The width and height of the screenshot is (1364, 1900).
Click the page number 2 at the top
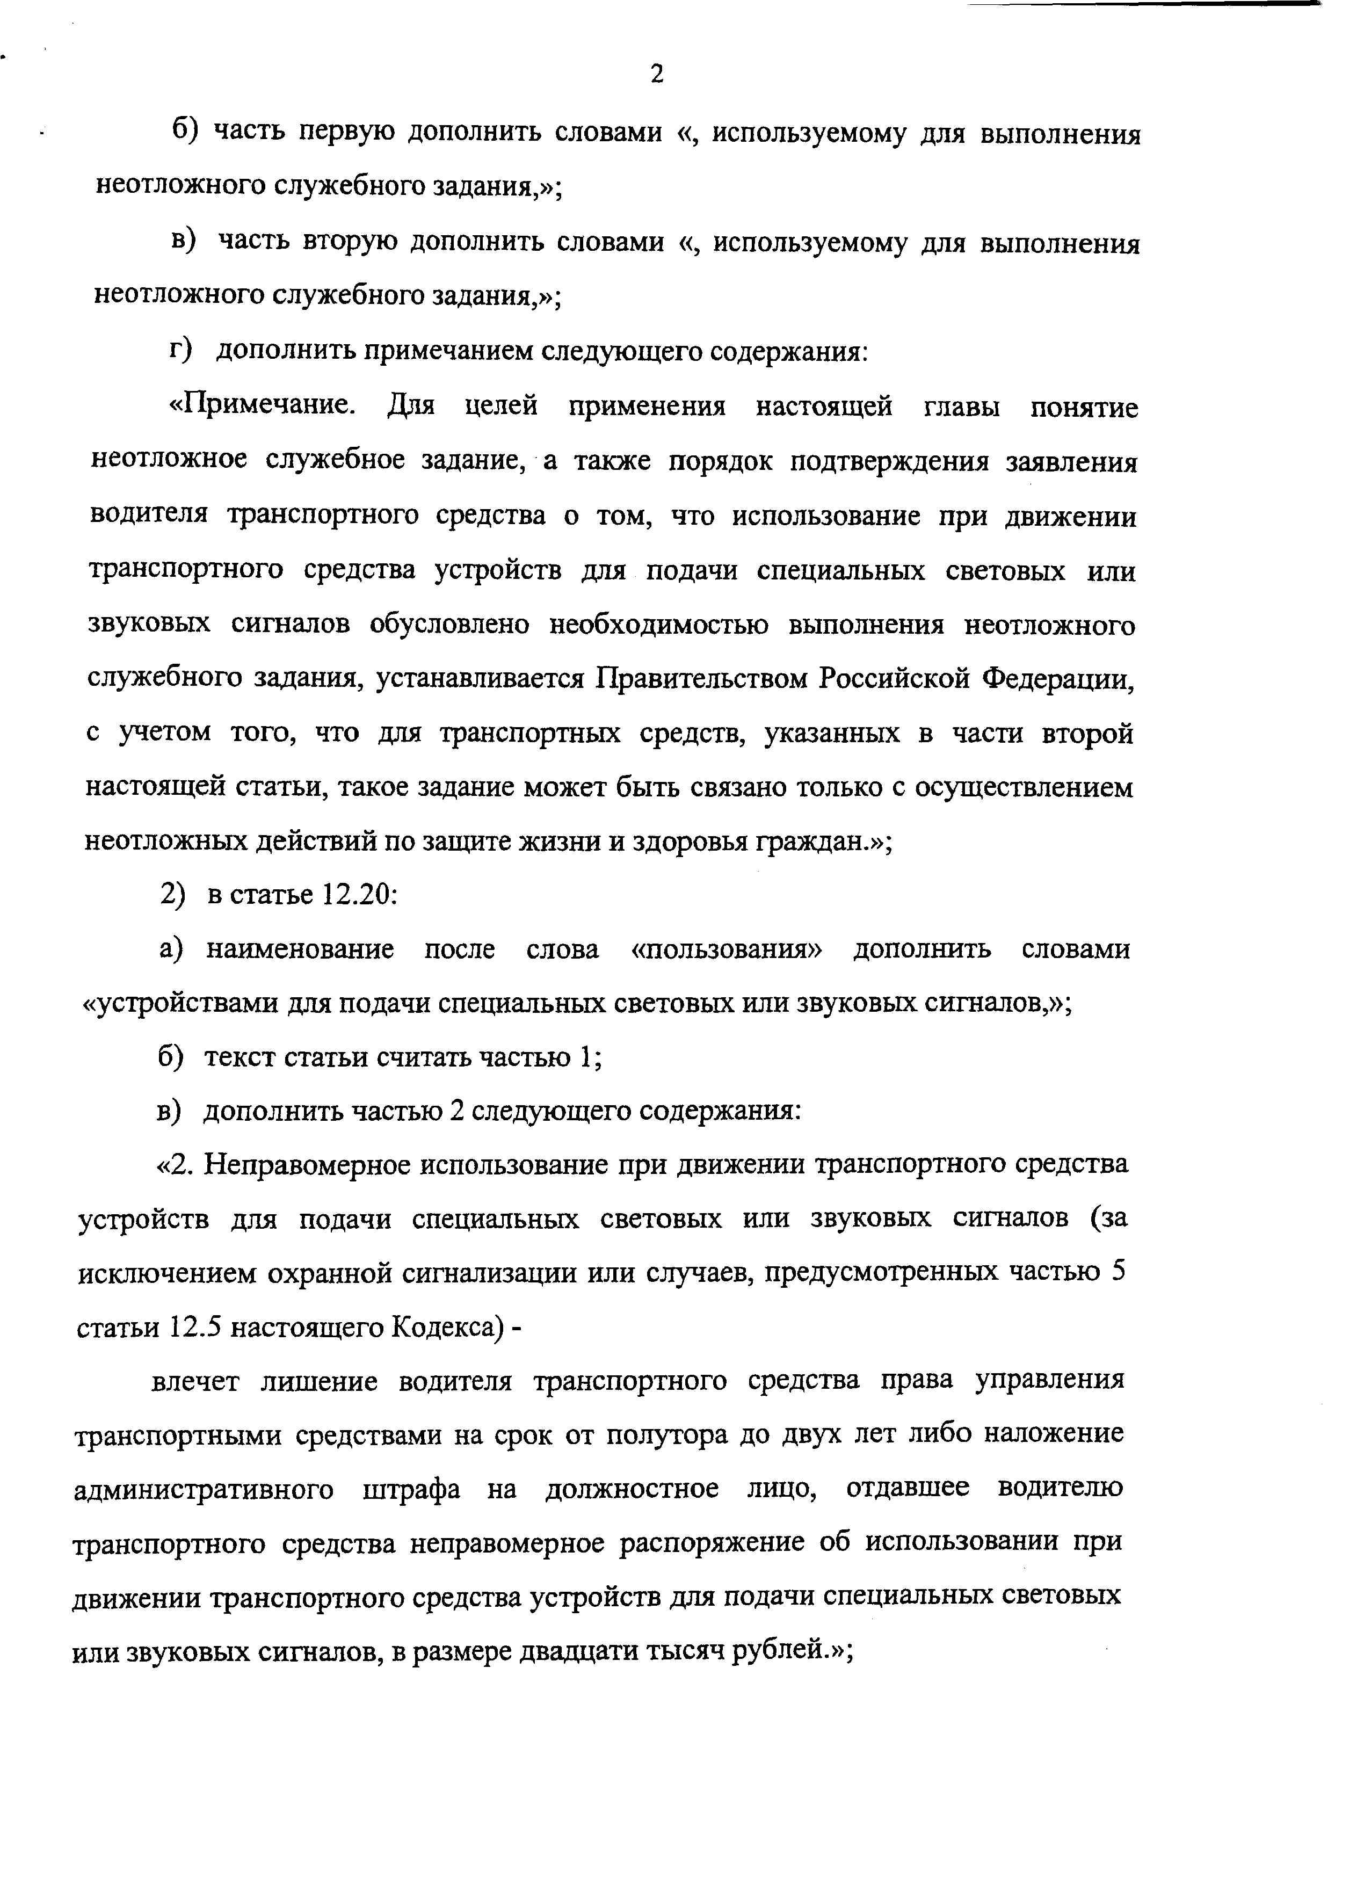pos(657,75)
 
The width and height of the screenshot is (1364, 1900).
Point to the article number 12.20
pos(355,896)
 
